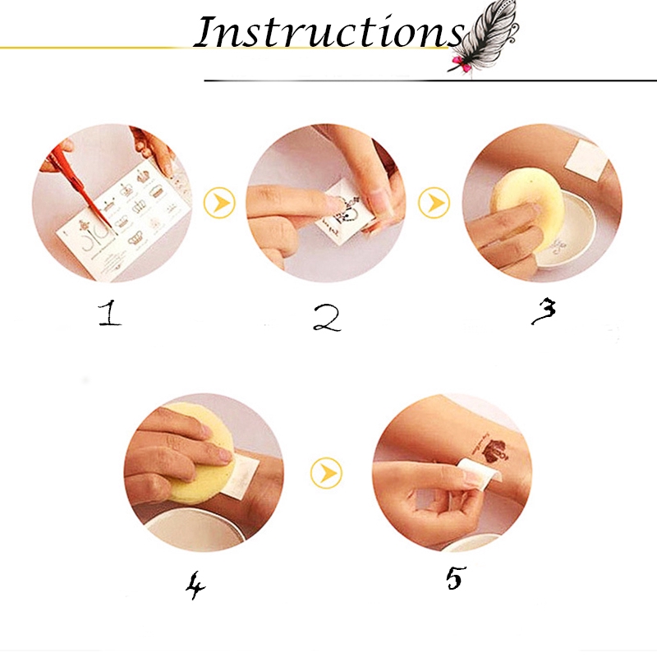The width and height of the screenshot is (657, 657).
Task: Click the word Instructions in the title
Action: (x=328, y=33)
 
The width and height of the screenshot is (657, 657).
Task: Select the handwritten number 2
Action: (x=326, y=316)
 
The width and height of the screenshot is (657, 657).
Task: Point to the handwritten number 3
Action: (x=543, y=310)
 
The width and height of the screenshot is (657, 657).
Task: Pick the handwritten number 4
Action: (x=195, y=584)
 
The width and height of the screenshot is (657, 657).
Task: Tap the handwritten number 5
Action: (x=453, y=577)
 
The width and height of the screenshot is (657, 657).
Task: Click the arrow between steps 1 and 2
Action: (x=219, y=203)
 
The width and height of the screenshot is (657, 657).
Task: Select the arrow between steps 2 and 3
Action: (x=433, y=203)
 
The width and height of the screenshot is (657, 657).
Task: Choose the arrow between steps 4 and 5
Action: (x=326, y=472)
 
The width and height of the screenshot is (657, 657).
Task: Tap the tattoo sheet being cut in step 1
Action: (x=123, y=218)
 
